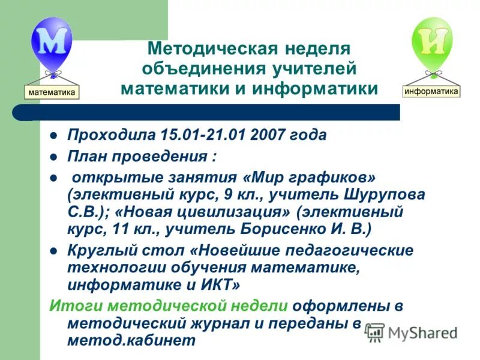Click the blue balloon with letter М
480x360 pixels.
point(51,41)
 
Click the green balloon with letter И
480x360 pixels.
point(431,41)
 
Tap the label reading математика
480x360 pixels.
point(52,92)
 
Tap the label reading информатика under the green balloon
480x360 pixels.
point(431,91)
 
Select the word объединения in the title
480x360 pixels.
point(198,68)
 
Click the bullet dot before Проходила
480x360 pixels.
point(53,135)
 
